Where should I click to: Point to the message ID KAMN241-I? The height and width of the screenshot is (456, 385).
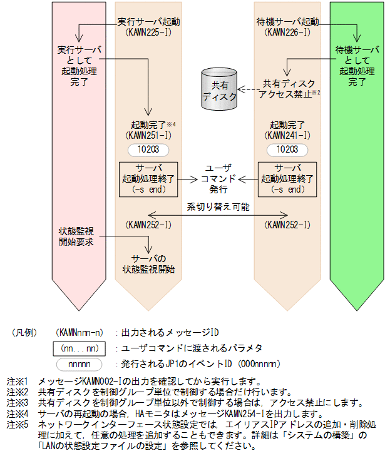pyautogui.click(x=287, y=134)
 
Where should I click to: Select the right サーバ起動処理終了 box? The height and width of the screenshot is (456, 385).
pyautogui.click(x=287, y=178)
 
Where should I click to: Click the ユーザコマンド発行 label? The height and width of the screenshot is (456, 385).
pyautogui.click(x=218, y=178)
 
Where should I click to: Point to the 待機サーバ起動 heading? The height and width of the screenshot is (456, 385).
pyautogui.click(x=287, y=22)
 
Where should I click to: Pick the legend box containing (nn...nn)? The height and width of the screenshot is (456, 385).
pyautogui.click(x=80, y=348)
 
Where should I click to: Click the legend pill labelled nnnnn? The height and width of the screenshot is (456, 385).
pyautogui.click(x=80, y=363)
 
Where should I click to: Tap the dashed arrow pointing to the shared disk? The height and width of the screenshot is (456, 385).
pyautogui.click(x=249, y=90)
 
